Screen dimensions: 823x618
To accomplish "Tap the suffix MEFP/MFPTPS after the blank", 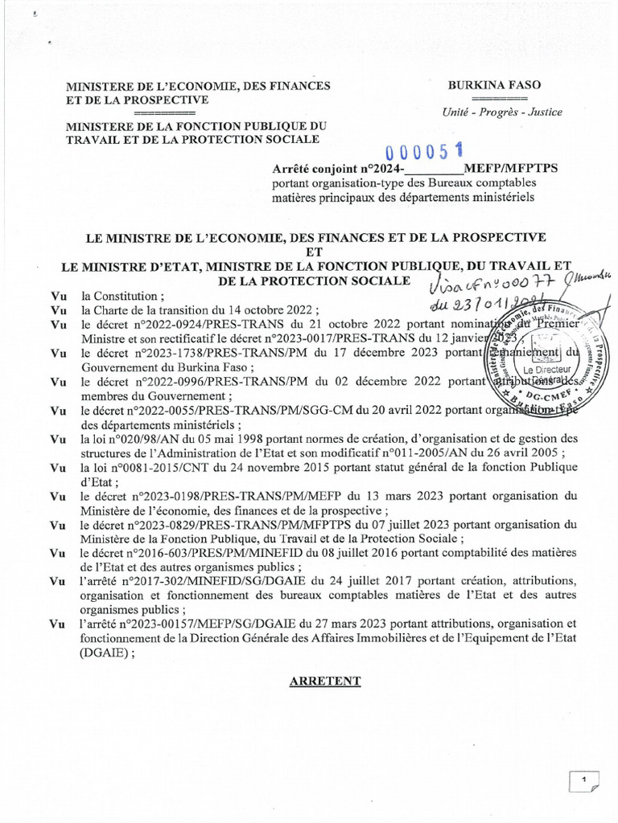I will [517, 168].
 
